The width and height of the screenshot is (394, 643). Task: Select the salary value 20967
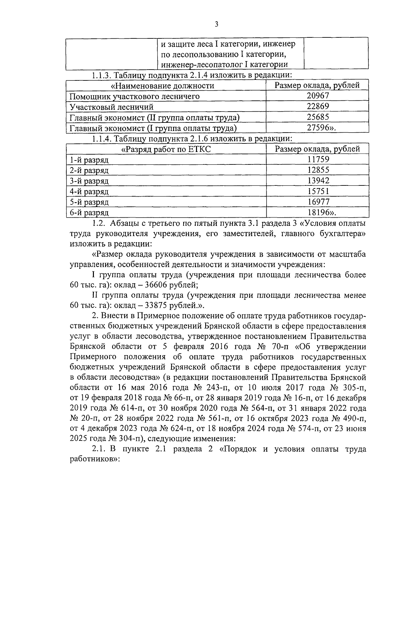tap(317, 96)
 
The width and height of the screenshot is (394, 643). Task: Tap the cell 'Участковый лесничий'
tap(112, 107)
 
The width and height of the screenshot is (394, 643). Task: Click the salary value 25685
tap(317, 117)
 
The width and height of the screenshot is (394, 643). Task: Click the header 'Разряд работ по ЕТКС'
tap(166, 149)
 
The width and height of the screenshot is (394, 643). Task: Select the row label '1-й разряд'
tap(89, 160)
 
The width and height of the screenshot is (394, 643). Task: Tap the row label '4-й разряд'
tap(89, 191)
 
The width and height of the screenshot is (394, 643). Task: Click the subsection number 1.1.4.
tap(101, 139)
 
